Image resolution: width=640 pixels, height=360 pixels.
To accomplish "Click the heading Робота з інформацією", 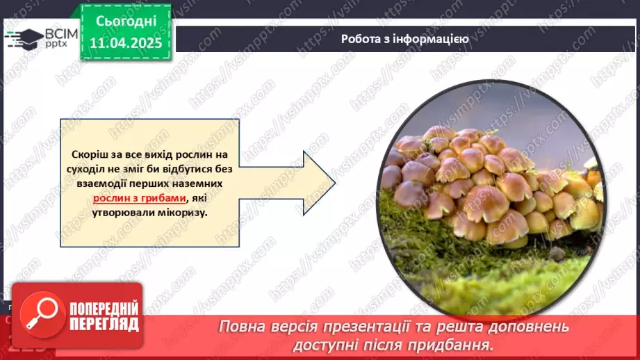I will (x=404, y=39).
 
